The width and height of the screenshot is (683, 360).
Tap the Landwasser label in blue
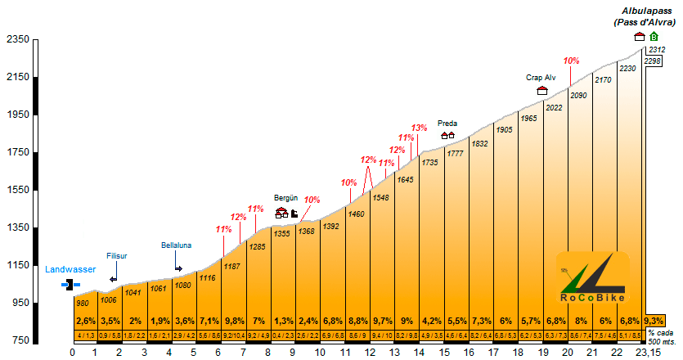[x=70, y=269]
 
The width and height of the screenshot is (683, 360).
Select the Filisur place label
[x=117, y=256]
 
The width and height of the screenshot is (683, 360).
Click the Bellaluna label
[x=176, y=245]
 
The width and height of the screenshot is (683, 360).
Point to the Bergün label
[x=285, y=199]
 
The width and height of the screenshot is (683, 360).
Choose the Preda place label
[x=447, y=124]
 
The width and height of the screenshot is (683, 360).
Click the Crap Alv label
[x=541, y=78]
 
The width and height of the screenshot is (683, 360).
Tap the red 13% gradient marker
[x=419, y=128]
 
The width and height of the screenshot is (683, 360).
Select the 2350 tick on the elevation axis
[x=17, y=39]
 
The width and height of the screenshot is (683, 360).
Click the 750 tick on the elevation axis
[x=20, y=340]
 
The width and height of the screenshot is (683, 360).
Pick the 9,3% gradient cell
[x=654, y=321]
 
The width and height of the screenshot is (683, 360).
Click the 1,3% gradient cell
[x=283, y=321]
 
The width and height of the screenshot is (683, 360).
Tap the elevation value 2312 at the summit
[x=655, y=50]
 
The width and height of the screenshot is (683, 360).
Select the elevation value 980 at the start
[x=82, y=304]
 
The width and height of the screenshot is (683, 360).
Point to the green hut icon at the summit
[x=654, y=37]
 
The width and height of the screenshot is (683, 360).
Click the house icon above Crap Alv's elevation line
[x=541, y=91]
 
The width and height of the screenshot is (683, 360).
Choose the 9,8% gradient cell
[x=234, y=321]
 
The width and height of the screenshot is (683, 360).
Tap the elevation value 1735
[x=429, y=163]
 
